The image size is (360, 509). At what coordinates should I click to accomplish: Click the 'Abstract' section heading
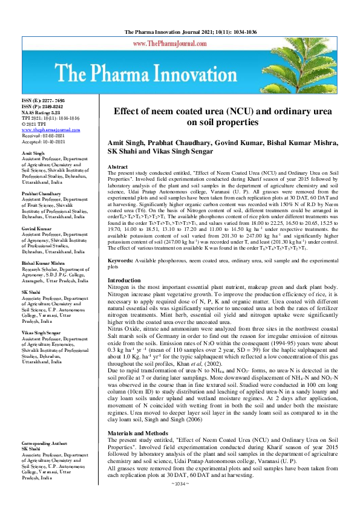(117, 166)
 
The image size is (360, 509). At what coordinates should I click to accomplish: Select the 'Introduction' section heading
(123, 281)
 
